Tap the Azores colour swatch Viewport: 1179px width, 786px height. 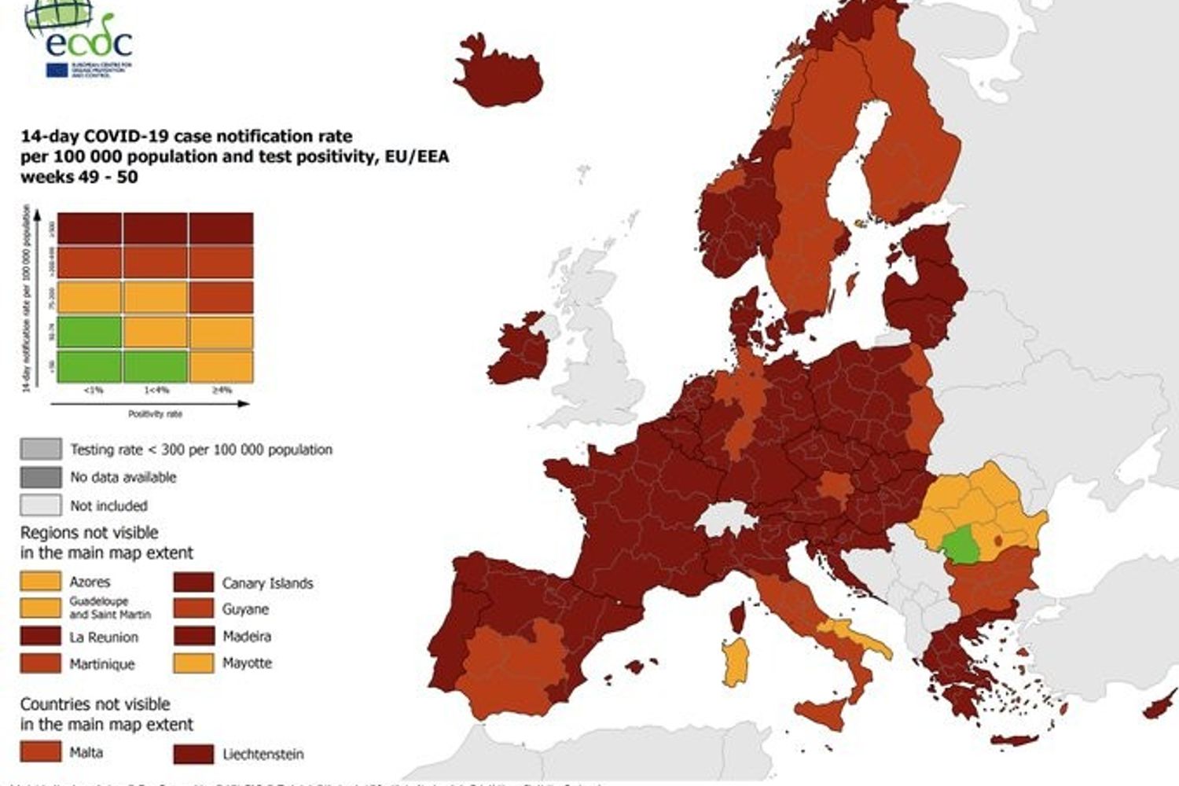40,582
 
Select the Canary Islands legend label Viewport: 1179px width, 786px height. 267,583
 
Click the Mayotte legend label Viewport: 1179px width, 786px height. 247,663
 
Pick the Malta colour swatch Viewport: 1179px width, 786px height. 40,752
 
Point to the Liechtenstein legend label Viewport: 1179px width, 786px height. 263,755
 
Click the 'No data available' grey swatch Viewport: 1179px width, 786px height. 41,477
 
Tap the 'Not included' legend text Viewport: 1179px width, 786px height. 108,505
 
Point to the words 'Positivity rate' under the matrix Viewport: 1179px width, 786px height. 155,413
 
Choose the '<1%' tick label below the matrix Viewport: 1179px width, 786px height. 92,390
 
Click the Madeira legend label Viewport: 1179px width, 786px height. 247,636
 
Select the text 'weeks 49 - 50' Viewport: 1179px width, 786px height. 79,177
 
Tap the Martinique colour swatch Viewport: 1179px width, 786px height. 40,663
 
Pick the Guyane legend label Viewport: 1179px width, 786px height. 245,609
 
